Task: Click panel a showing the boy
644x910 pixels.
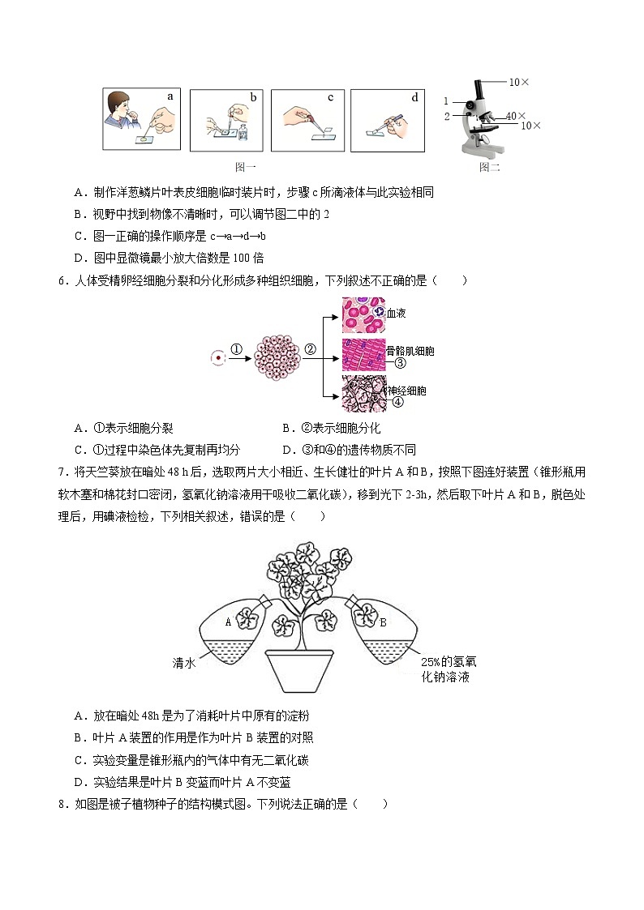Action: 142,120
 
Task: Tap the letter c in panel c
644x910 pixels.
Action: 331,98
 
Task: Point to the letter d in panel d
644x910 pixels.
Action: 414,98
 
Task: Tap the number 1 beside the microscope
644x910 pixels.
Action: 446,101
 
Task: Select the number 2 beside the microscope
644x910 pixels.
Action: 446,116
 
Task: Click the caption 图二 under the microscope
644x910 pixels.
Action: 489,167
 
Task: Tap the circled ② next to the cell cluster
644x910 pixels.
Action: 310,350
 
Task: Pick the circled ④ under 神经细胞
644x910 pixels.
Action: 398,402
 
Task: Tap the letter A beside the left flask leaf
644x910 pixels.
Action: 228,622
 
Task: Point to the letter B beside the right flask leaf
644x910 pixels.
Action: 383,622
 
